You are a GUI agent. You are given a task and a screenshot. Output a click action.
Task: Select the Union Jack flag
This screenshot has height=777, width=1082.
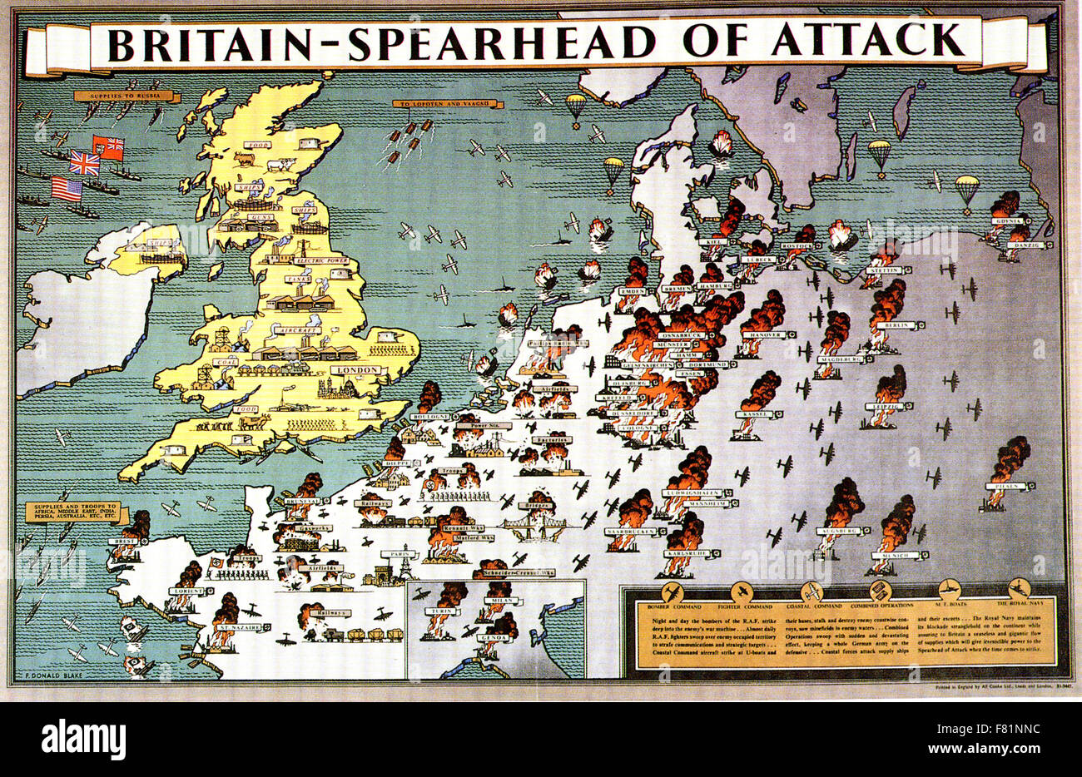[84, 162]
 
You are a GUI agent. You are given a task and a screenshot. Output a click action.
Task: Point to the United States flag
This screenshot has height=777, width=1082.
[67, 189]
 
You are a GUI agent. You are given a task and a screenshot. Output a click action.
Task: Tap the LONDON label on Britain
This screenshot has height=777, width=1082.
[355, 369]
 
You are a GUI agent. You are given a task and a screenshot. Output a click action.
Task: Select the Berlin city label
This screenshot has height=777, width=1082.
[896, 325]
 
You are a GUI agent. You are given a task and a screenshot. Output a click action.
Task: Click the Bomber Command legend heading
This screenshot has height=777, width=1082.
[668, 606]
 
